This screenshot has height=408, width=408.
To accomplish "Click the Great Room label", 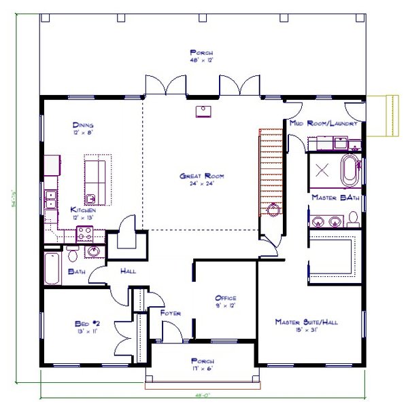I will [202, 177].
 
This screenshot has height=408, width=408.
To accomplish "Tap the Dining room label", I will [83, 126].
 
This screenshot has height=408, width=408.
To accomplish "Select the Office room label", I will [225, 298].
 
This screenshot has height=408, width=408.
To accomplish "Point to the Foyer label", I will [170, 313].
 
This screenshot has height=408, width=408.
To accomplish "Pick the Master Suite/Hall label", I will [306, 322].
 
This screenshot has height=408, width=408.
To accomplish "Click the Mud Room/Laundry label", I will [324, 124].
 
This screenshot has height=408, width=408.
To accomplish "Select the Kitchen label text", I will [83, 210].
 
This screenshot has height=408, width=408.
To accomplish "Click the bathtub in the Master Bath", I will [349, 170].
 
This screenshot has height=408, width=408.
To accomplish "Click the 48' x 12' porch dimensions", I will [202, 60].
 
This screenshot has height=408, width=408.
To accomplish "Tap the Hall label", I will [128, 271].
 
